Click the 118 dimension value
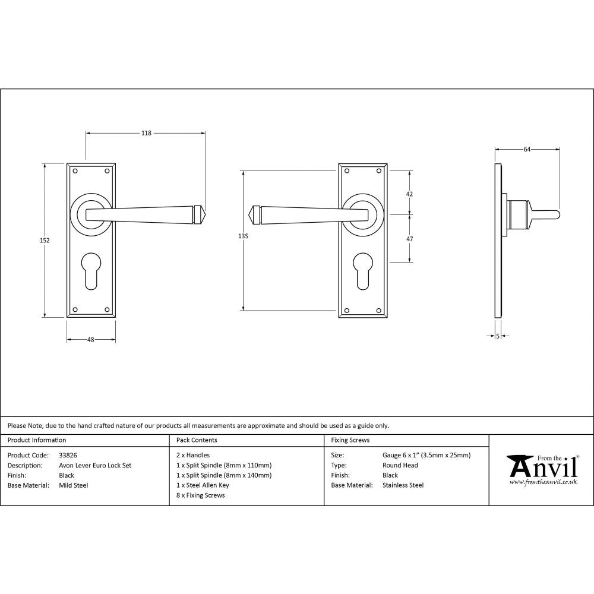point(146,133)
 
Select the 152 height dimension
point(45,241)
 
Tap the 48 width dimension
point(91,340)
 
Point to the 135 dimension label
point(242,236)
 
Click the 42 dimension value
point(409,194)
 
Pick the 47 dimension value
point(409,238)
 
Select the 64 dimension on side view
point(527,150)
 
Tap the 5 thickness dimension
point(497,336)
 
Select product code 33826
point(68,456)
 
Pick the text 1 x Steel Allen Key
point(203,485)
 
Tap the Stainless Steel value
point(403,485)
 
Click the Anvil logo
point(542,470)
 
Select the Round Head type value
point(400,466)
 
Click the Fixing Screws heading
point(350,440)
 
